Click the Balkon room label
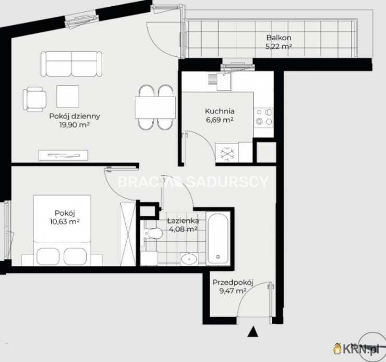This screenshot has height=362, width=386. (x=279, y=38)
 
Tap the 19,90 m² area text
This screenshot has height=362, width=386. (x=75, y=125)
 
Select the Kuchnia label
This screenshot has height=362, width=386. (x=220, y=111)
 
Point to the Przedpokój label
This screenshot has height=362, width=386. (x=233, y=283)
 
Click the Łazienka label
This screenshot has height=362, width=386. (x=183, y=221)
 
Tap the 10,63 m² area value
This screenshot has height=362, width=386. (x=65, y=221)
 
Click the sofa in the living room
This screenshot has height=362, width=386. (x=71, y=64)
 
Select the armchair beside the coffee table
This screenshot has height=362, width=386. (x=34, y=99)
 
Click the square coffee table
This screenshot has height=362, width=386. (x=68, y=97)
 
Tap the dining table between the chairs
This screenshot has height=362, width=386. (x=155, y=108)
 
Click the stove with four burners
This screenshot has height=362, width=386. (x=263, y=118)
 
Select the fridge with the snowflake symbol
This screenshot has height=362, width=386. (x=227, y=153)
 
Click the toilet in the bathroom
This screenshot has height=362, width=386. (x=153, y=233)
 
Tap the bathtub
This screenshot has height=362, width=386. (x=218, y=239)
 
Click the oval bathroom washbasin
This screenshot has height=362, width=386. (x=189, y=259)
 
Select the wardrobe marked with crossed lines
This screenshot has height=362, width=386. (x=128, y=234)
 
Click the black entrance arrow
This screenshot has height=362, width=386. (x=252, y=331)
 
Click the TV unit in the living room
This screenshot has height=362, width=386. (x=63, y=155)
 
